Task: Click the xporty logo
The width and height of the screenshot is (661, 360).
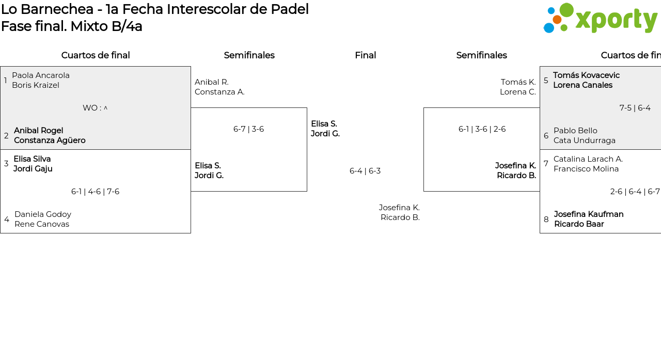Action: coord(600,18)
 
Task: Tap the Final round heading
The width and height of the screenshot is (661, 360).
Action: coord(365,55)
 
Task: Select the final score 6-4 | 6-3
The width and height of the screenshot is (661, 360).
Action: coord(365,171)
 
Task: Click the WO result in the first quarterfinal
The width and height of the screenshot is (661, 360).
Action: coord(95,108)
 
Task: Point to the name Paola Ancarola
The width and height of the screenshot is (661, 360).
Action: coord(41,75)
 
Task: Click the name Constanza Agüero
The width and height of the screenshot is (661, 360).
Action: coord(50,140)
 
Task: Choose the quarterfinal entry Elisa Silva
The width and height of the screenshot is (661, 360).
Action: coord(32,159)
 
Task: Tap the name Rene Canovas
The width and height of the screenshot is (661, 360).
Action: coord(42,224)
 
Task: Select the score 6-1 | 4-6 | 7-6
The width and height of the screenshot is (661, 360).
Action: coord(96,192)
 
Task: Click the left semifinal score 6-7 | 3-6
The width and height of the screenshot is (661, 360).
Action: coord(248,129)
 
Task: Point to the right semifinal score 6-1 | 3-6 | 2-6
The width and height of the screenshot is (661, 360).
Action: coord(482,129)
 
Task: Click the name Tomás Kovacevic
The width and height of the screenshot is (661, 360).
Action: coord(586,75)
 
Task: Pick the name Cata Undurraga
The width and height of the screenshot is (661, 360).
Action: coord(584,140)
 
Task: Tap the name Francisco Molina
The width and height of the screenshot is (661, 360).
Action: coord(586,169)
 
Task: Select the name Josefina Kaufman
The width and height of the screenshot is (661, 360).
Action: coord(589,214)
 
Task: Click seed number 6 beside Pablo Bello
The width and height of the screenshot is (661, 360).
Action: coord(546,136)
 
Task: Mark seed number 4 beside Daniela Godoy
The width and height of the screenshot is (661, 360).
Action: coord(7,219)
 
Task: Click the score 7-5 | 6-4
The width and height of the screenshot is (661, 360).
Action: coord(635,108)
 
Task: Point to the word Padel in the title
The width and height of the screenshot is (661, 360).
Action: coord(290,9)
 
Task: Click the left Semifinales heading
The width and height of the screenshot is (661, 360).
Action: coord(249,55)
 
